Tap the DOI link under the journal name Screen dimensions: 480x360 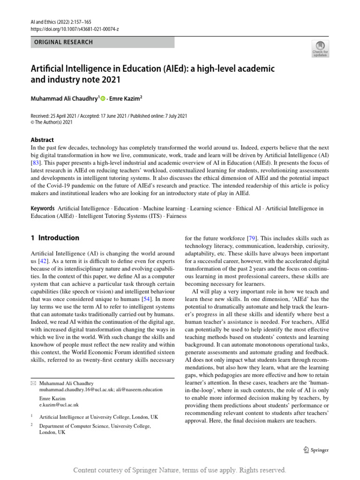point(75,29)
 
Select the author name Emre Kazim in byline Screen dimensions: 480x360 point(125,99)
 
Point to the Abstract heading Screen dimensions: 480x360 point(42,140)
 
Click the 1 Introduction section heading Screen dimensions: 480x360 point(55,238)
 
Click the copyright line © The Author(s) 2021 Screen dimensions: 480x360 point(52,122)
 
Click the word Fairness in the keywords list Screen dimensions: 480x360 point(175,216)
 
